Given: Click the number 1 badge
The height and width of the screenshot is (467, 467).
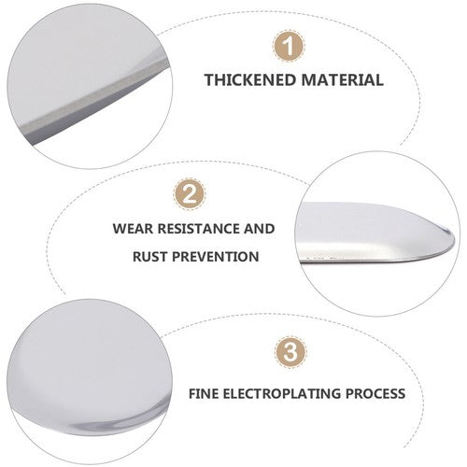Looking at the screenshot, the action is pyautogui.click(x=289, y=46).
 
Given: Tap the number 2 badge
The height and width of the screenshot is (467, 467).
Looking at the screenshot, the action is pyautogui.click(x=190, y=193).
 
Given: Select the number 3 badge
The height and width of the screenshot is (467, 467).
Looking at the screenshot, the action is pyautogui.click(x=290, y=352).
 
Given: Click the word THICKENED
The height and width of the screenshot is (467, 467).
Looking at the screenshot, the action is pyautogui.click(x=250, y=79).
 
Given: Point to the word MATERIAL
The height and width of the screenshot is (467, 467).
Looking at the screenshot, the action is pyautogui.click(x=342, y=79).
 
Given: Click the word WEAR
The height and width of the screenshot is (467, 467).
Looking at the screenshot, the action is pyautogui.click(x=134, y=229).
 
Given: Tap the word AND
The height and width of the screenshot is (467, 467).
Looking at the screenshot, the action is pyautogui.click(x=259, y=229).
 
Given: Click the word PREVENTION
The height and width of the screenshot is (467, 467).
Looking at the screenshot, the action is pyautogui.click(x=216, y=257).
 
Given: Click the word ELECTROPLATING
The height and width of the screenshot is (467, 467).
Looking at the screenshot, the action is pyautogui.click(x=282, y=394).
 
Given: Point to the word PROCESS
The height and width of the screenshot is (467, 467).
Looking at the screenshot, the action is pyautogui.click(x=375, y=394).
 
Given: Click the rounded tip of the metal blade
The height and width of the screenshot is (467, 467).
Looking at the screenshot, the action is pyautogui.click(x=452, y=239).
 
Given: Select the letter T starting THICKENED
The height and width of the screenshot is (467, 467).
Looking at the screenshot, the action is pyautogui.click(x=210, y=79).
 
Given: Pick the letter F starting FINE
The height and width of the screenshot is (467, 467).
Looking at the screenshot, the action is pyautogui.click(x=192, y=394).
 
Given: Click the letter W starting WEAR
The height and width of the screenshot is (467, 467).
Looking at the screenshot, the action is pyautogui.click(x=120, y=229).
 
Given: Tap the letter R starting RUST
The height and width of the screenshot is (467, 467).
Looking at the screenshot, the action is pyautogui.click(x=137, y=257).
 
